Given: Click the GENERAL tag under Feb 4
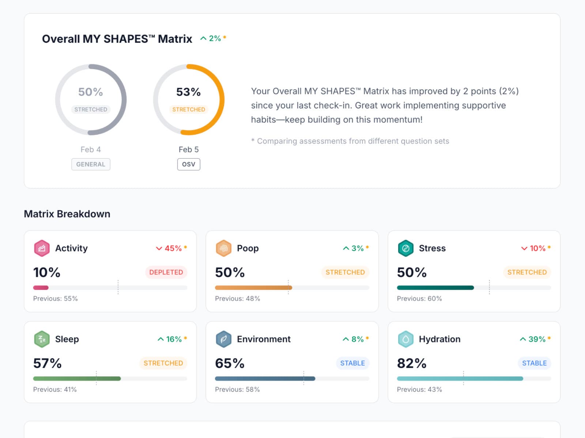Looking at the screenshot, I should point(91,164).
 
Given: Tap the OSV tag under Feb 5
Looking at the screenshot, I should point(189,164).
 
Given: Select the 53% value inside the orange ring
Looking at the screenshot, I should point(188,92).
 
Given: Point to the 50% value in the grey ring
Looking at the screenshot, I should point(90,92).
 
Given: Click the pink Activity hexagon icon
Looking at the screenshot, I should point(42,248).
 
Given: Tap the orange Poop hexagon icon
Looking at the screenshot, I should point(223,248).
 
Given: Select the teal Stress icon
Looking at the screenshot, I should point(405,248).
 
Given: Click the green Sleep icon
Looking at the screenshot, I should point(42,339).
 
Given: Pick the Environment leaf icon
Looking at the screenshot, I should point(223,339).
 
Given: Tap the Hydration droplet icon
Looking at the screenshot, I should point(405,339).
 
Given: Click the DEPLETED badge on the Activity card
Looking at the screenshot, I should point(166,272).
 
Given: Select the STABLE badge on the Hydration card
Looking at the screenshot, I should point(534,363).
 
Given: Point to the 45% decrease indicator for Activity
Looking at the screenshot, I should point(171,248).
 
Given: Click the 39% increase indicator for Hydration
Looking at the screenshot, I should point(535,339).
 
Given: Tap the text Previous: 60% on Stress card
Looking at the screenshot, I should point(419,299).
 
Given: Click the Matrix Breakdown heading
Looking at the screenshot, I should point(67,214).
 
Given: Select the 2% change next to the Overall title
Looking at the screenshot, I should point(213,38).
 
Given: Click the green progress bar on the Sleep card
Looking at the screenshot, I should point(77,379).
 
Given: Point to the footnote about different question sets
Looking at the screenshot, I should point(350,141).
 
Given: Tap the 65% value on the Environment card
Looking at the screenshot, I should point(230,363).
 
